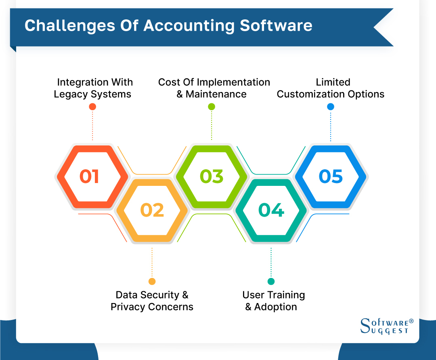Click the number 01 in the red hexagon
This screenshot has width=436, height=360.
89,177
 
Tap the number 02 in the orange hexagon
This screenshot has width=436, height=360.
152,210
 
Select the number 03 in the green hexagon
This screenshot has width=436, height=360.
212,177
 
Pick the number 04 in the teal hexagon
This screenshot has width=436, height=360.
271,210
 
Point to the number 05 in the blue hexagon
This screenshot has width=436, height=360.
331,177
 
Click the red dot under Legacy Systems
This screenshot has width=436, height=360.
92,107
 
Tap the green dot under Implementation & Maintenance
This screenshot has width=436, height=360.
212,107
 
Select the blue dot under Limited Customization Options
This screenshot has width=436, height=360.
331,107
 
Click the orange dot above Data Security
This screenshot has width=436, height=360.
152,281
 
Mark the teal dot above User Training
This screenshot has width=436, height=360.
271,281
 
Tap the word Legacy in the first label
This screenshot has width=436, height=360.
68,94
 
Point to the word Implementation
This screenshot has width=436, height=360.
228,82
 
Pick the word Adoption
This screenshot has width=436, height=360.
276,307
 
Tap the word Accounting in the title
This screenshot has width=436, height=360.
189,25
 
